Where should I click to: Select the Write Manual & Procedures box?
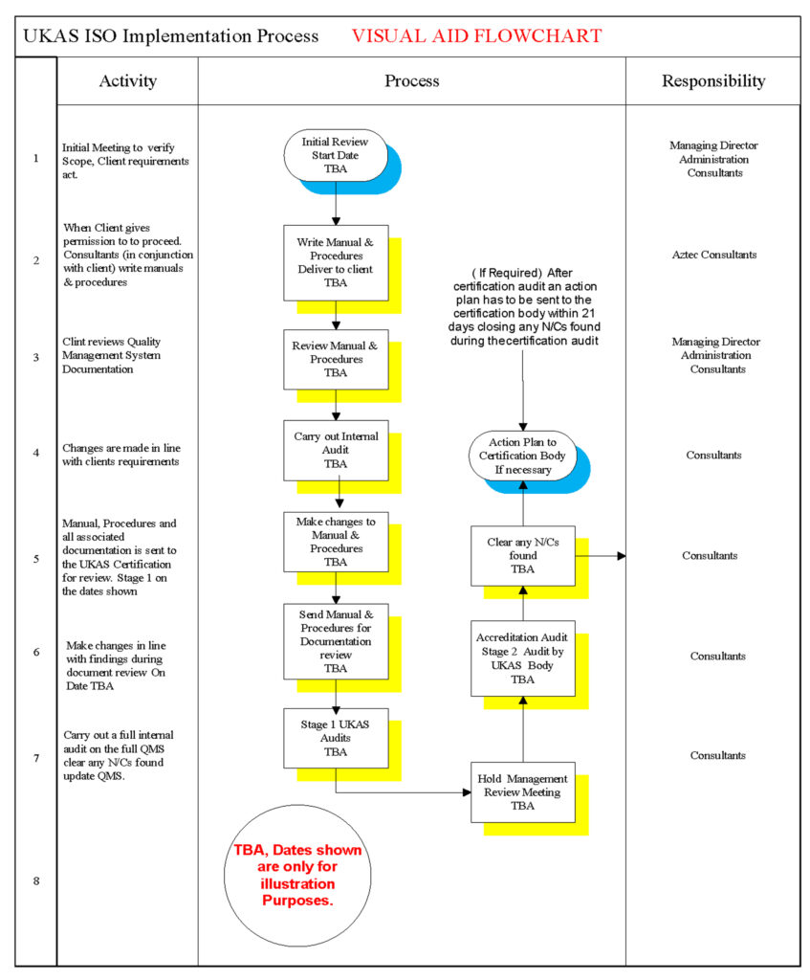tap(335, 261)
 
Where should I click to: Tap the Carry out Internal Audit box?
tap(335, 450)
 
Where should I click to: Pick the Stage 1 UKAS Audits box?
tap(335, 738)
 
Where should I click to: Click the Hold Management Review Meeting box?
tap(523, 791)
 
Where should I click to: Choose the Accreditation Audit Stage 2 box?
tap(523, 658)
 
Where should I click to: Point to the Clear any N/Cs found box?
tap(523, 555)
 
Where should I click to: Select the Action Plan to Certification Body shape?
tap(523, 455)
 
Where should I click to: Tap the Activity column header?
tap(127, 81)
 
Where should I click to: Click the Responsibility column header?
tap(713, 81)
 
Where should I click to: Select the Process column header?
tap(411, 81)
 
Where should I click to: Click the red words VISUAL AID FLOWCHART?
tap(476, 36)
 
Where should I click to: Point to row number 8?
tap(36, 880)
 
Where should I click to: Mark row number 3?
tap(36, 356)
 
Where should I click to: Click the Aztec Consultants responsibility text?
tap(713, 255)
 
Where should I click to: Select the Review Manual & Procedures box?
tap(335, 359)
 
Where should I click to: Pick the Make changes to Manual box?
tap(335, 542)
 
